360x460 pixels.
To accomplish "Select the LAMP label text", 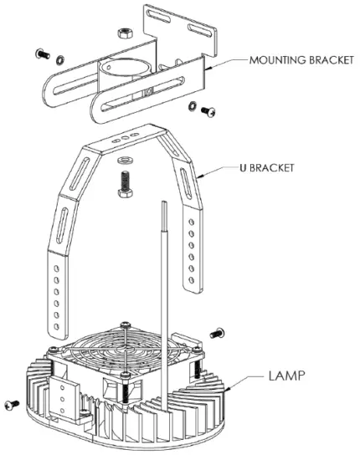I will (287, 377).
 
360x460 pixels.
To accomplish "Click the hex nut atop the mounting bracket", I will (124, 30).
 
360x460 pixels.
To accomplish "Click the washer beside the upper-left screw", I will (59, 60).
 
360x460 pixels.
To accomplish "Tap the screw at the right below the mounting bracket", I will (209, 111).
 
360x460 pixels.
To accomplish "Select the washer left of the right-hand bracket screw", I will (193, 106).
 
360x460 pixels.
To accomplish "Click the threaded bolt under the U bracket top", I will (126, 181).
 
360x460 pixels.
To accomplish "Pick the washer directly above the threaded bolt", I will (126, 158).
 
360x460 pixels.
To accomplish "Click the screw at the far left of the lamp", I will (11, 405).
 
